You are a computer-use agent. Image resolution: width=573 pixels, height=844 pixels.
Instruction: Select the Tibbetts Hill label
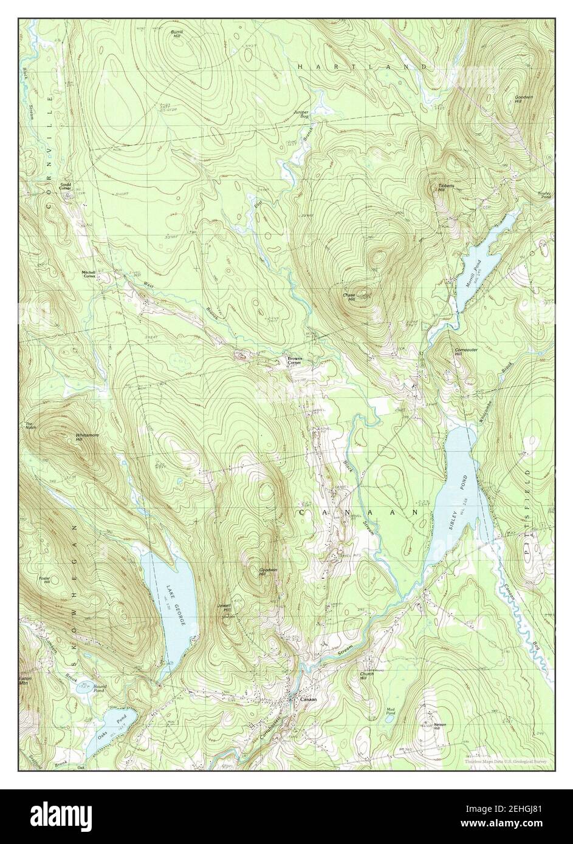(447, 187)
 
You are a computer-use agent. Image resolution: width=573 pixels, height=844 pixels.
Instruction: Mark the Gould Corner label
(65, 186)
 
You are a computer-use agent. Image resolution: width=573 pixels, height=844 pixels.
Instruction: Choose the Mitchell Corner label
(90, 274)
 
